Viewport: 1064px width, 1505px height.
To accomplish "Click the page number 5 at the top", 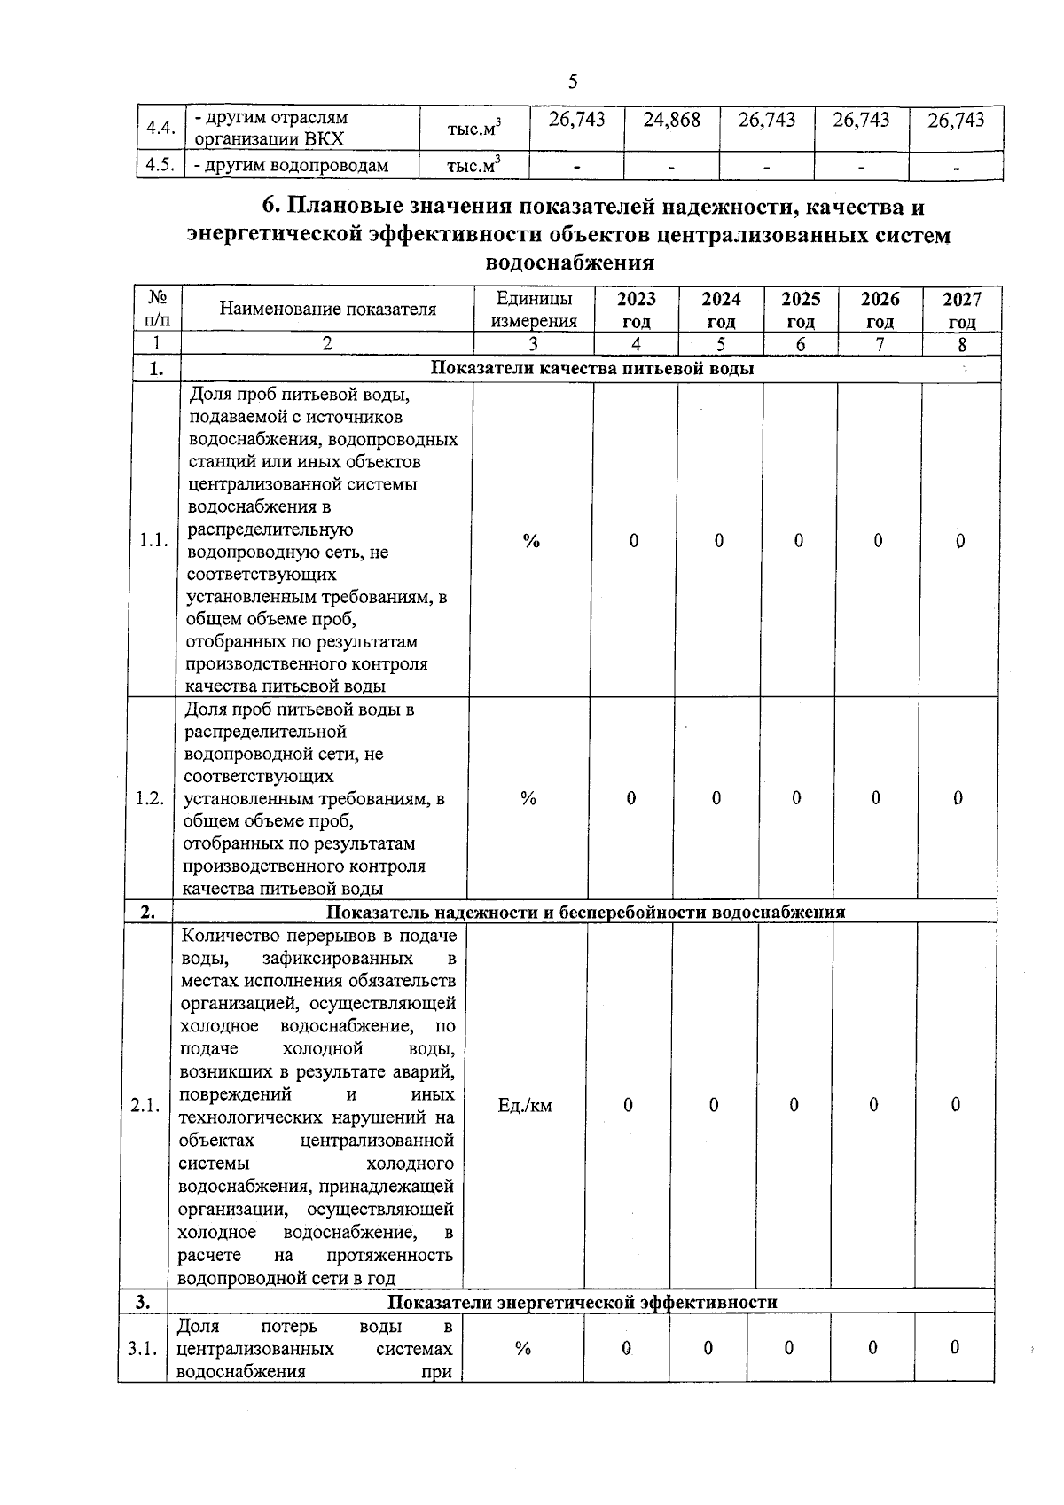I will click(572, 82).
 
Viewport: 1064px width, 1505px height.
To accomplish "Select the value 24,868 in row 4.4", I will click(671, 121).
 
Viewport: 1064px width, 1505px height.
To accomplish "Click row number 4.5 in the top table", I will click(160, 166).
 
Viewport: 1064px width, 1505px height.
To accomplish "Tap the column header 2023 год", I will click(636, 310).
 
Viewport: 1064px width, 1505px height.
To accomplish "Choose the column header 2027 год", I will click(961, 310).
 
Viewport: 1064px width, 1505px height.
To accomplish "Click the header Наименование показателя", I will click(327, 310).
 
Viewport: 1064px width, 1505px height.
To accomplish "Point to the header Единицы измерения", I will click(534, 310).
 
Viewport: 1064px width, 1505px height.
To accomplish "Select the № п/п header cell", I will click(158, 310).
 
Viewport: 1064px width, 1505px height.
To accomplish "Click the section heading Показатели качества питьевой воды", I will click(592, 368).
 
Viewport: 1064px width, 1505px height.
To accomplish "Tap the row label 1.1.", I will click(154, 540).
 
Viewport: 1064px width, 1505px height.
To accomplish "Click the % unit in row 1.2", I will click(528, 798).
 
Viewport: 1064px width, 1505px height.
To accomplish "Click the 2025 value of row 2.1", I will click(794, 1105).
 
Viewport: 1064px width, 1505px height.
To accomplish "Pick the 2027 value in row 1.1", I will click(959, 541).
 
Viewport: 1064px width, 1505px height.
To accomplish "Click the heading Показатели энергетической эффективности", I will click(583, 1302).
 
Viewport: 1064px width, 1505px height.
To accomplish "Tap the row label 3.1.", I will click(142, 1349).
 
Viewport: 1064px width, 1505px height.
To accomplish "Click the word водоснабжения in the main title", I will click(571, 263).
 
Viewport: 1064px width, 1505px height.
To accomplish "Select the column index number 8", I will click(961, 345).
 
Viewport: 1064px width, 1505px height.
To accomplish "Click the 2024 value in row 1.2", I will click(716, 798).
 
